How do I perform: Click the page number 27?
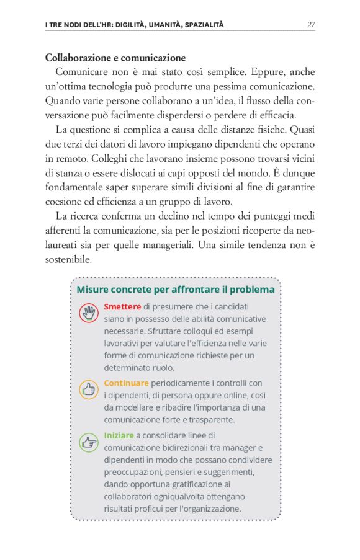coord(311,25)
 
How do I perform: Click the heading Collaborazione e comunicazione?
coord(115,58)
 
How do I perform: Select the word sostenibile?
coord(68,259)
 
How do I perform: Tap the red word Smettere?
coord(122,306)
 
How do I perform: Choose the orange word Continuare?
coord(126,383)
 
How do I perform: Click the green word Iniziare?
coord(119,435)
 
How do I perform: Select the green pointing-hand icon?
coord(89,442)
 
